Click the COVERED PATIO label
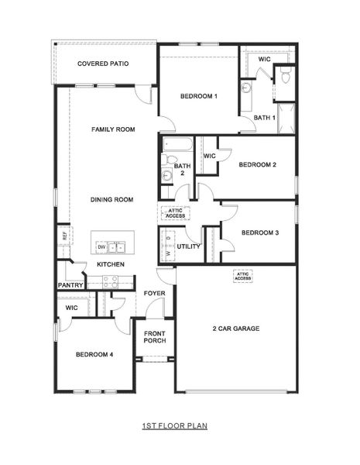(103, 64)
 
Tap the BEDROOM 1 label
(198, 96)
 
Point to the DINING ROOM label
(111, 200)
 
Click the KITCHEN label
(111, 264)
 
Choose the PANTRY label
(70, 285)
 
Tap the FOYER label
(155, 294)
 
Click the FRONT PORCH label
(155, 337)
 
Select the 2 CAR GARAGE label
(235, 329)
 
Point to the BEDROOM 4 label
(94, 354)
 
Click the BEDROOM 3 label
(259, 232)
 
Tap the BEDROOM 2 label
(257, 164)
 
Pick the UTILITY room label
(188, 246)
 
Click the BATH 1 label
(265, 118)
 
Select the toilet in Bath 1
(285, 76)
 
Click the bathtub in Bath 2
(176, 144)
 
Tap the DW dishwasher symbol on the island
(101, 247)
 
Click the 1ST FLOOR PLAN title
(175, 425)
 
